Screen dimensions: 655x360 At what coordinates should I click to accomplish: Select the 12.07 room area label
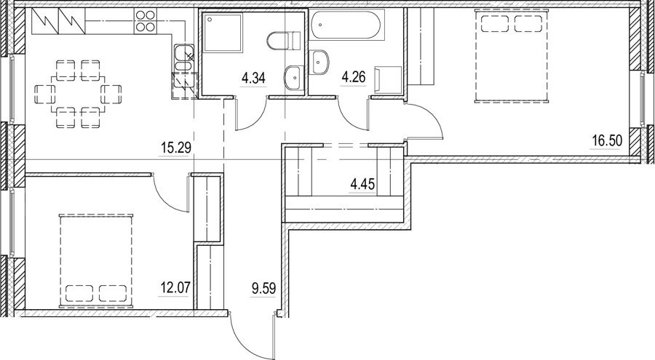tap(175, 287)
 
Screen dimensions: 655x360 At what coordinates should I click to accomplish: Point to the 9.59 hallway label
tap(263, 288)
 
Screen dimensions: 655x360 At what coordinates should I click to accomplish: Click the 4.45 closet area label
tap(362, 184)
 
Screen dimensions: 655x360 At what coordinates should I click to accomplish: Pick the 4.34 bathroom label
tap(253, 78)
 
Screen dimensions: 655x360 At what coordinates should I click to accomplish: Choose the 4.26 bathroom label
tap(354, 77)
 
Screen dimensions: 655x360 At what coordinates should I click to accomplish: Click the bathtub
tap(346, 25)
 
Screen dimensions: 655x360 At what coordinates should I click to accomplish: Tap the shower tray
tap(222, 33)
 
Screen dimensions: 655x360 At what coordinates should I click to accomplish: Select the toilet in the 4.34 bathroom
tap(283, 41)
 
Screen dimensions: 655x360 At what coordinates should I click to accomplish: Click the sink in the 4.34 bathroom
tap(295, 78)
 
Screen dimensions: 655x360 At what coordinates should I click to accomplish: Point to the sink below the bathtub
tap(319, 63)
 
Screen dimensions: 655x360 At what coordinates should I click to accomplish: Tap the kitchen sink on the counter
tap(184, 58)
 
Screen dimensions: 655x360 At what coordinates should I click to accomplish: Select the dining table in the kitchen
tap(78, 94)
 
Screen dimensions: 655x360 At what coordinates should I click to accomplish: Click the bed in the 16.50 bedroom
tap(510, 56)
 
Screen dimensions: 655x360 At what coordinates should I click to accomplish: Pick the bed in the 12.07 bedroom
tap(96, 261)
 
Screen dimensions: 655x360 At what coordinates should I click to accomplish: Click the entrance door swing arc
tap(247, 338)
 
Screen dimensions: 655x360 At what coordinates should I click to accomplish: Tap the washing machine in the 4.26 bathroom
tap(389, 79)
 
